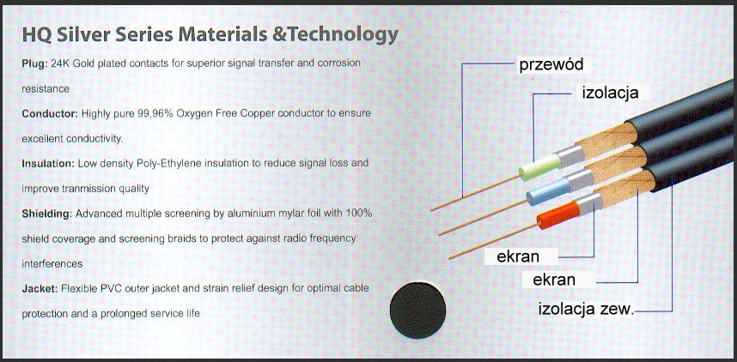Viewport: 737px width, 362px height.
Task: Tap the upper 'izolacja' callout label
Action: tap(611, 93)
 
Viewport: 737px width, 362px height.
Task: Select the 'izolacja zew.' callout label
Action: tap(586, 310)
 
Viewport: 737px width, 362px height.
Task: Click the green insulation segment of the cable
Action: tap(540, 167)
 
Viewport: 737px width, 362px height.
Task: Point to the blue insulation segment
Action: tap(549, 191)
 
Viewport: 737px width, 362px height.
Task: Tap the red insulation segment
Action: tap(559, 215)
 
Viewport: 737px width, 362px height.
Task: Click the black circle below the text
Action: tap(417, 310)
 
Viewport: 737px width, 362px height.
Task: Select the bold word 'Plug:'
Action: tap(33, 63)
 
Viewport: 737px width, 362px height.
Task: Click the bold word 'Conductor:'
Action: tap(50, 113)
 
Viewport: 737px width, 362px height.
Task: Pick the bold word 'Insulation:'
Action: tap(48, 164)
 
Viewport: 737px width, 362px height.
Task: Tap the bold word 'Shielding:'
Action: tap(47, 214)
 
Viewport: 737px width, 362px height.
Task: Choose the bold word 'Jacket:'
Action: tap(40, 288)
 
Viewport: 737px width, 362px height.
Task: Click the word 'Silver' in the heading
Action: tap(81, 35)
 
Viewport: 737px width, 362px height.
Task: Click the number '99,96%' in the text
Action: tap(156, 113)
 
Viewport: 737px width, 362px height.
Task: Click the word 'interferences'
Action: tap(52, 264)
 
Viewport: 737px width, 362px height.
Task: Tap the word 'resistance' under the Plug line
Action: tap(46, 88)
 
